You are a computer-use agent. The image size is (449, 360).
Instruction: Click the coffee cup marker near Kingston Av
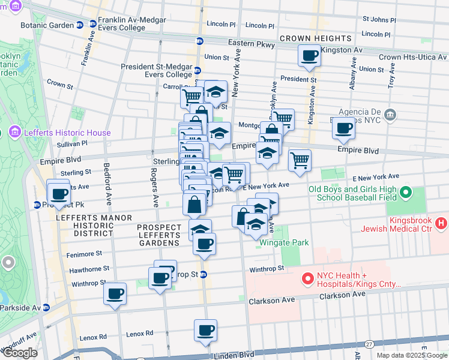coord(310,56)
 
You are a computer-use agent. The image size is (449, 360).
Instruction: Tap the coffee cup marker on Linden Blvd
coord(205,331)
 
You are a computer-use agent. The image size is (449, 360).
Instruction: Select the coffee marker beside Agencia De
coord(344,128)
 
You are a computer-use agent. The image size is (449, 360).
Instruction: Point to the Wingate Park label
coord(285,243)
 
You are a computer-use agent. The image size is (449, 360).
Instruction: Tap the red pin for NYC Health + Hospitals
coord(308,279)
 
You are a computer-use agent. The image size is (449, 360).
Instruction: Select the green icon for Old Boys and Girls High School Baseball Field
coord(405,193)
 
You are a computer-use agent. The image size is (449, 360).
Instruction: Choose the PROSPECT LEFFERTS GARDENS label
coord(159,235)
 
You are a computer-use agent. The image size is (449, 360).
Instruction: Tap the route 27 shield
coord(369,344)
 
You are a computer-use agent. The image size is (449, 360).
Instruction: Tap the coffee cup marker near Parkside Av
coord(115,294)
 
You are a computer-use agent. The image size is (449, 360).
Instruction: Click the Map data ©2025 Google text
coord(411,355)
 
